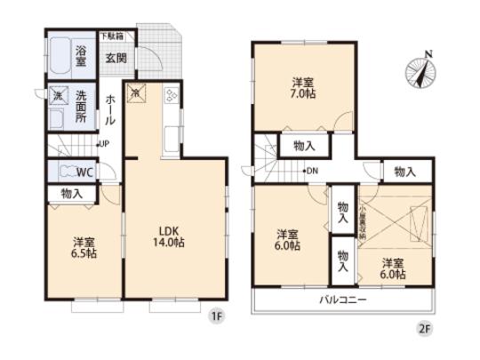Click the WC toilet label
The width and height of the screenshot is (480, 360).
(84, 171)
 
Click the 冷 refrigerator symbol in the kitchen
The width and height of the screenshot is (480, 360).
(136, 92)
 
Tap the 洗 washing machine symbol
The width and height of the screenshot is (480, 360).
(55, 94)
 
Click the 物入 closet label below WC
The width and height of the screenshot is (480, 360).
(72, 193)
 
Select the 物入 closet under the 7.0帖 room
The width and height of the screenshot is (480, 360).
(303, 144)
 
